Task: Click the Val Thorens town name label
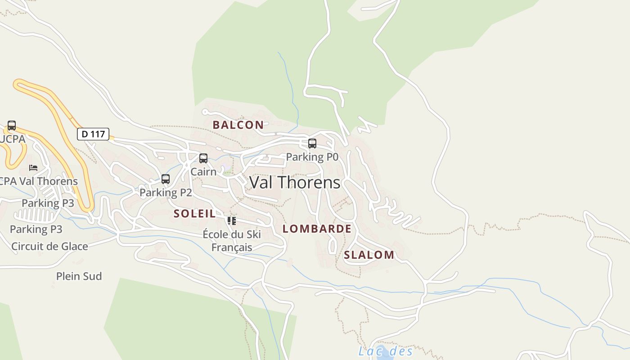point(295,182)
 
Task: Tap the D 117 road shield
point(93,134)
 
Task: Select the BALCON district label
point(238,125)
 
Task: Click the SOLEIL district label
point(195,214)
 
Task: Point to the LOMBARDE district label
point(317,229)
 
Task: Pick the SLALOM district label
point(369,255)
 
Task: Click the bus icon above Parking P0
point(312,144)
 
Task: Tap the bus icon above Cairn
point(203,158)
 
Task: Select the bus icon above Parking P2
point(166,179)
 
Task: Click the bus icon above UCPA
point(12,126)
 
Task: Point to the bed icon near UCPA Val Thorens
point(33,168)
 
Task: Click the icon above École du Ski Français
point(231,221)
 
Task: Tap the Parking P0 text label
point(312,157)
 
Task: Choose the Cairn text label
point(203,171)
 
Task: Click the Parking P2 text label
point(166,193)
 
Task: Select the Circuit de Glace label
point(49,246)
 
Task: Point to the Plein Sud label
point(79,276)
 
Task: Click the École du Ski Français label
point(232,241)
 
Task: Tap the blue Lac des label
point(385,351)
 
